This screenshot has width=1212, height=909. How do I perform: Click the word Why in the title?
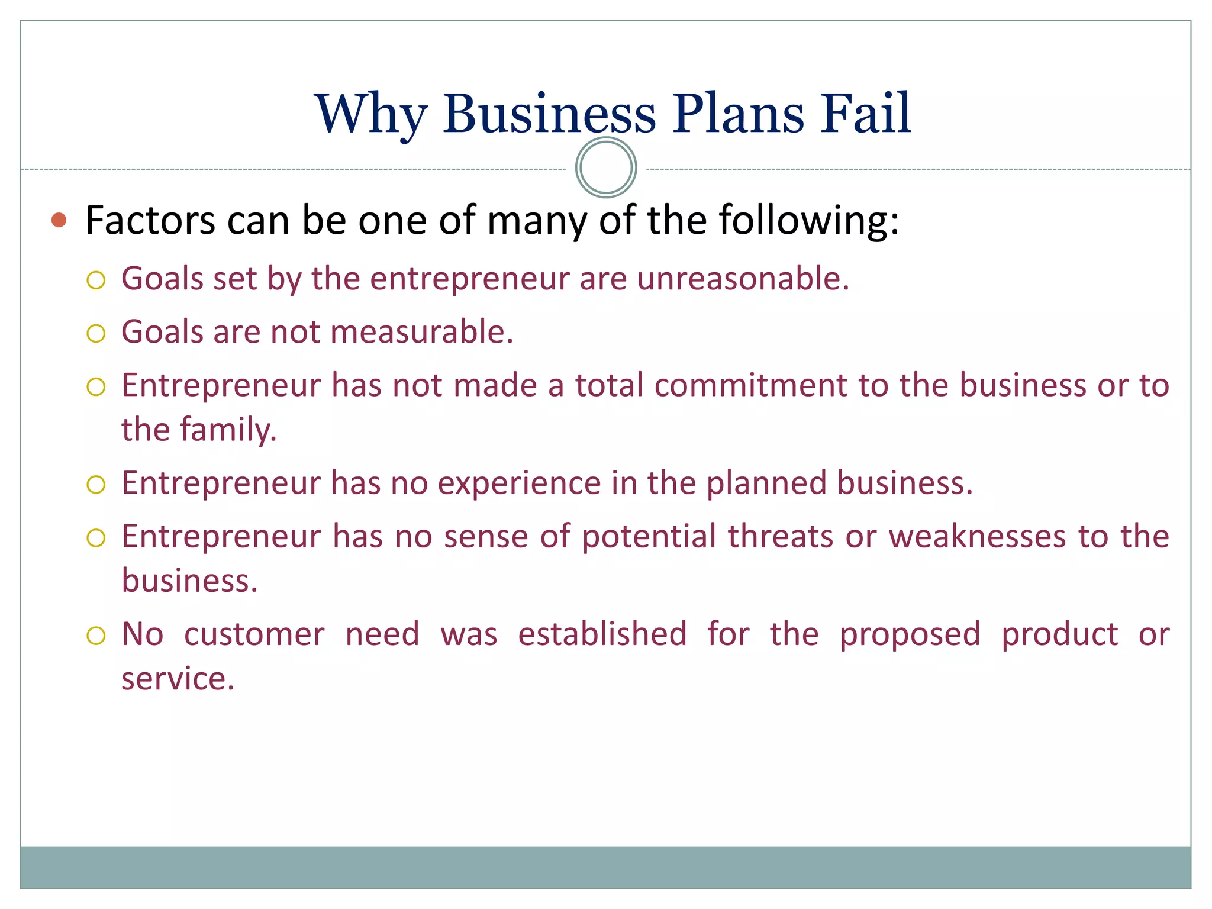coord(370,114)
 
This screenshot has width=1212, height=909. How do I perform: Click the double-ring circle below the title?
coord(606,167)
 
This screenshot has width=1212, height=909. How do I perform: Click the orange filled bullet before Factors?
coord(59,220)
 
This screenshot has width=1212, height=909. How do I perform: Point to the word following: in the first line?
coord(809,220)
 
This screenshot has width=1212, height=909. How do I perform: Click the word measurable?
coord(421,331)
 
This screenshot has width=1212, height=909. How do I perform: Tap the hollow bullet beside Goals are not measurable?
coord(96,333)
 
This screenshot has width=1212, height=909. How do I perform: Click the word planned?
coord(766,483)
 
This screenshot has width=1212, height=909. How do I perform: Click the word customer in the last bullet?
coord(254,634)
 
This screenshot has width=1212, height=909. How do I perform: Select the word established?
coord(602,634)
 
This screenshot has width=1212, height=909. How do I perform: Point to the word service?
coord(178,679)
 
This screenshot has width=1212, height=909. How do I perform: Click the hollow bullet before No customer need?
coord(96,636)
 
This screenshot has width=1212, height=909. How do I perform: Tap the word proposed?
coord(910,634)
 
